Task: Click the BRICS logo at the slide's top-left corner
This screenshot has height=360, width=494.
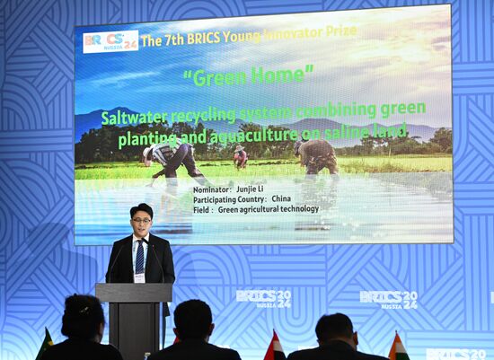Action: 110,41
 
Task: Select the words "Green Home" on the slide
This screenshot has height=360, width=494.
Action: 248,76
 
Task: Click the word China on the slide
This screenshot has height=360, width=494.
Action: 281,199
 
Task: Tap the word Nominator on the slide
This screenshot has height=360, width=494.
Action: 212,190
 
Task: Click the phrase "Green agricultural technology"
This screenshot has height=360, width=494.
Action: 268,209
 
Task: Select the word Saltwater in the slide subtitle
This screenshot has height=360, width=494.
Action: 135,118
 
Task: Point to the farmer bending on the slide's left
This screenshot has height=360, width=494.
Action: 176,159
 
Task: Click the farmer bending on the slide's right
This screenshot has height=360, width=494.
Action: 316,155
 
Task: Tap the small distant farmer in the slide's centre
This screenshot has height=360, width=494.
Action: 240,158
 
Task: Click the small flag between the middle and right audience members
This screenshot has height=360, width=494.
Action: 275,347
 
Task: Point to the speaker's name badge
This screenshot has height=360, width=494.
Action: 139,277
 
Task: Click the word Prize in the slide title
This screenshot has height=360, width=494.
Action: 338,31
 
